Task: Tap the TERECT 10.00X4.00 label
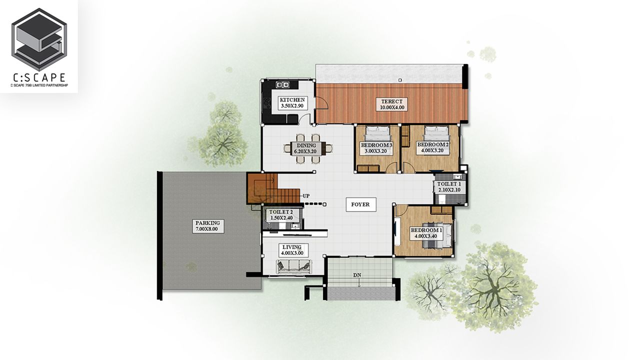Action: [x=391, y=104]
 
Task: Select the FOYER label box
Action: [x=361, y=204]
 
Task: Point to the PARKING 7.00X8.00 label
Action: [x=207, y=226]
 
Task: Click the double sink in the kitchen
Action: [x=283, y=84]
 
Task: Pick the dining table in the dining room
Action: [x=308, y=148]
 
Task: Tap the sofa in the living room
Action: [x=294, y=266]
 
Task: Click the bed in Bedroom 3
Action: [x=377, y=133]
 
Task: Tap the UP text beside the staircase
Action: [x=306, y=196]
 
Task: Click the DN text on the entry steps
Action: [x=357, y=275]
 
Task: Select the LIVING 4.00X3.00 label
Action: [x=292, y=250]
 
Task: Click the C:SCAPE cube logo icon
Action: [x=39, y=39]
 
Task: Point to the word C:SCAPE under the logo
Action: [x=39, y=77]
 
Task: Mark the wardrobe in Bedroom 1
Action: [x=441, y=209]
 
